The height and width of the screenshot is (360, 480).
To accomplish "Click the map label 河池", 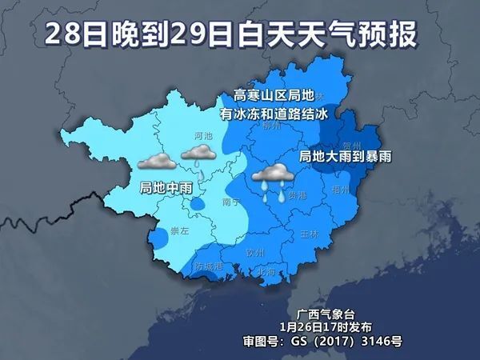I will click(x=203, y=137).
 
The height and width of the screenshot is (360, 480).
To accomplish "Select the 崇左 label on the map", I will click(x=180, y=230).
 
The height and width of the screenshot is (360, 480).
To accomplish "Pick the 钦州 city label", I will click(x=254, y=250).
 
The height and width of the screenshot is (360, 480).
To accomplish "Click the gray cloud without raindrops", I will click(x=157, y=162).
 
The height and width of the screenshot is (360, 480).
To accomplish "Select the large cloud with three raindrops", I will click(x=273, y=177).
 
